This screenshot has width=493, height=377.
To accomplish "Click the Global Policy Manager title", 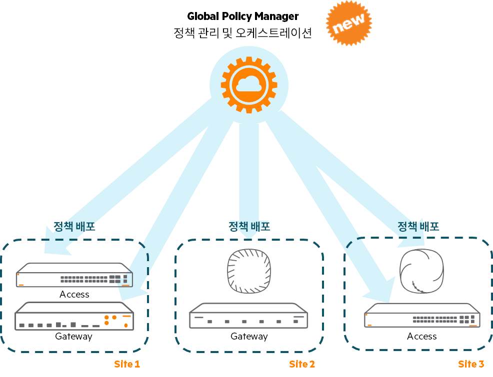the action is (242, 16).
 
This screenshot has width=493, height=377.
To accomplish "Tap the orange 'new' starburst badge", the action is (349, 23).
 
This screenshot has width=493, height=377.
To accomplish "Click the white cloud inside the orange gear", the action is (249, 84).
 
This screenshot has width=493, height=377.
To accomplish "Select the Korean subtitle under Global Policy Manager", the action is (242, 33).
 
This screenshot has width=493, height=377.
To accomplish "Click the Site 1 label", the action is (127, 364).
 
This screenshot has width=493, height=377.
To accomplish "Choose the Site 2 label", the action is (302, 364).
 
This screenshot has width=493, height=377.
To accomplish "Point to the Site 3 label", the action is (471, 364).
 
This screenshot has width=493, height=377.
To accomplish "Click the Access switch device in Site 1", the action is (74, 275).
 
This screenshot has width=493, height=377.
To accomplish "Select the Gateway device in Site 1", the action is (74, 316).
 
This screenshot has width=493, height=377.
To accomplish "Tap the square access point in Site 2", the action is (249, 271).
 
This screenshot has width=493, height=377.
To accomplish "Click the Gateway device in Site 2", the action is (248, 316).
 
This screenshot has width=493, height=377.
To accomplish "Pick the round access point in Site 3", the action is (421, 271).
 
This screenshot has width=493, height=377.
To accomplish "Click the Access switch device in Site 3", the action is (422, 316).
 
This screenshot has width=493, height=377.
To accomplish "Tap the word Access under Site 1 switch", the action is (74, 295).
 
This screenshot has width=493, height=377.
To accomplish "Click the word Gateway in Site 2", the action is (249, 337).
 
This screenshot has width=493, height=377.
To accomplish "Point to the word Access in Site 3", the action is (422, 337).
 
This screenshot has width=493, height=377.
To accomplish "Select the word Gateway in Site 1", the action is (73, 337).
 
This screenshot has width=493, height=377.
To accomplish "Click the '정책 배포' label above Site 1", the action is (74, 226).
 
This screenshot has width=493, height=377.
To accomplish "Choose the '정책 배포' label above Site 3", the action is (418, 226).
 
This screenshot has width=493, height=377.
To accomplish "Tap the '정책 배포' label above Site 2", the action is (249, 226).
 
